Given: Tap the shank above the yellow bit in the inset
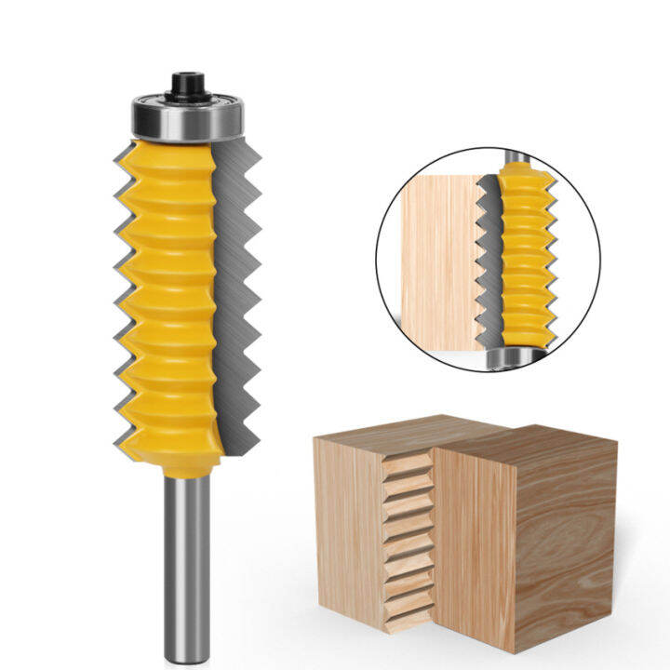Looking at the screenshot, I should pyautogui.click(x=515, y=156).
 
